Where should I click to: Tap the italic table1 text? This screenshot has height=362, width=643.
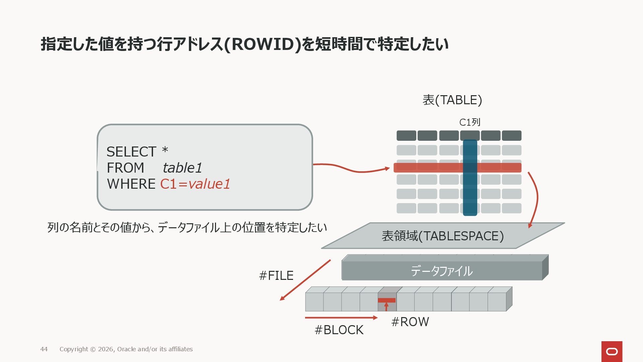click(x=182, y=168)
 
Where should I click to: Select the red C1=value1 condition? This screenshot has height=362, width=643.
click(x=195, y=184)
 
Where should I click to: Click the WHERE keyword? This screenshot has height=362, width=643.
click(x=131, y=184)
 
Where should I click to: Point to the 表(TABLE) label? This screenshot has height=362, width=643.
click(x=452, y=100)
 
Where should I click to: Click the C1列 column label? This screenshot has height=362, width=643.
click(x=470, y=122)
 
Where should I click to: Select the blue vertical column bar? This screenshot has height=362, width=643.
click(x=470, y=194)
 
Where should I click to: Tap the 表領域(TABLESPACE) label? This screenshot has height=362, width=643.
click(x=443, y=236)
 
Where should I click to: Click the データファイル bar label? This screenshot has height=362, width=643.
click(x=441, y=271)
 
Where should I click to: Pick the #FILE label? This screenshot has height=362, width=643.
click(x=276, y=276)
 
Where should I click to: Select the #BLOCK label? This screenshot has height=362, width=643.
click(x=339, y=330)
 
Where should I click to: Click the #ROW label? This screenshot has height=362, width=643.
click(x=410, y=322)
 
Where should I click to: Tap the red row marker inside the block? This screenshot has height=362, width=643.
click(x=386, y=300)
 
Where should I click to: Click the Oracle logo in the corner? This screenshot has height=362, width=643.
click(x=612, y=351)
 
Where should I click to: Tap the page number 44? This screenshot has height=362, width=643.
click(x=44, y=349)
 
